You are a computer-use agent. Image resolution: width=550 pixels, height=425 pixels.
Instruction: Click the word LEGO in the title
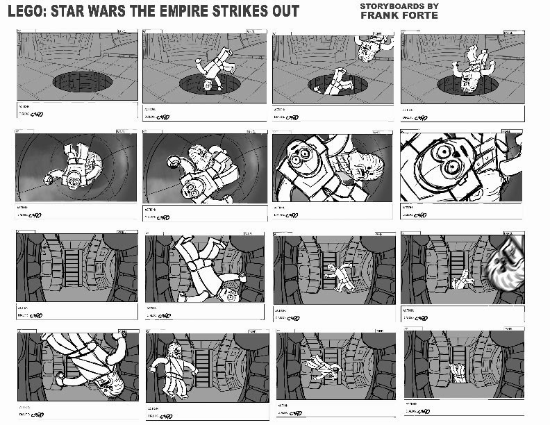(27, 12)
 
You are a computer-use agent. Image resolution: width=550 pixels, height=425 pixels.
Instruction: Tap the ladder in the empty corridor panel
(72, 270)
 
